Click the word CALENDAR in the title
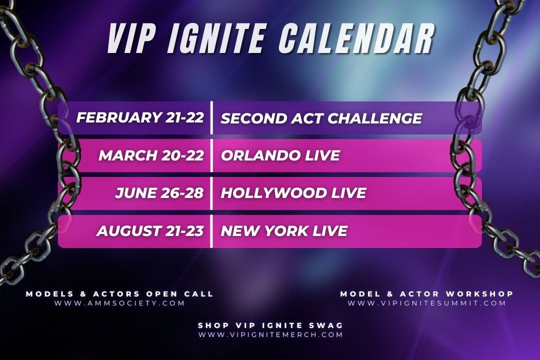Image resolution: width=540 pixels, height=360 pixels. pos(356,38)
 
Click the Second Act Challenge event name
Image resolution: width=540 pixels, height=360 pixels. pos(321,118)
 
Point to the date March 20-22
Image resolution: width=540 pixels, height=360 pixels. pos(151,155)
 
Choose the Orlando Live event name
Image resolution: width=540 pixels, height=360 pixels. pos(280,155)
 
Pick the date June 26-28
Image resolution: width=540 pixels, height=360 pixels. pos(159,193)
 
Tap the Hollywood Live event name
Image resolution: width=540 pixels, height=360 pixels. pos(293,193)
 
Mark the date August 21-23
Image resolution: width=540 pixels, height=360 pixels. pos(150,231)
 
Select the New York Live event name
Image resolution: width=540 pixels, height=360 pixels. pos(283,231)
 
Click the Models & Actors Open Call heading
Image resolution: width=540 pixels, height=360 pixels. pos(120,294)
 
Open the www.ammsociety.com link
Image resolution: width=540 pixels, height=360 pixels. pos(120,303)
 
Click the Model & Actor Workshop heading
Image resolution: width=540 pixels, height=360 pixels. pos(427,294)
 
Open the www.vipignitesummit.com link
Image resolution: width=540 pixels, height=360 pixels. pos(427,303)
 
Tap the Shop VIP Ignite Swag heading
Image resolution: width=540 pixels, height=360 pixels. pos(270,325)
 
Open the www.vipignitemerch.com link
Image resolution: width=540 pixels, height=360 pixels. pos(270,334)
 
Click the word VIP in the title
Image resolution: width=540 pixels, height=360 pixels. pos(131,38)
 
